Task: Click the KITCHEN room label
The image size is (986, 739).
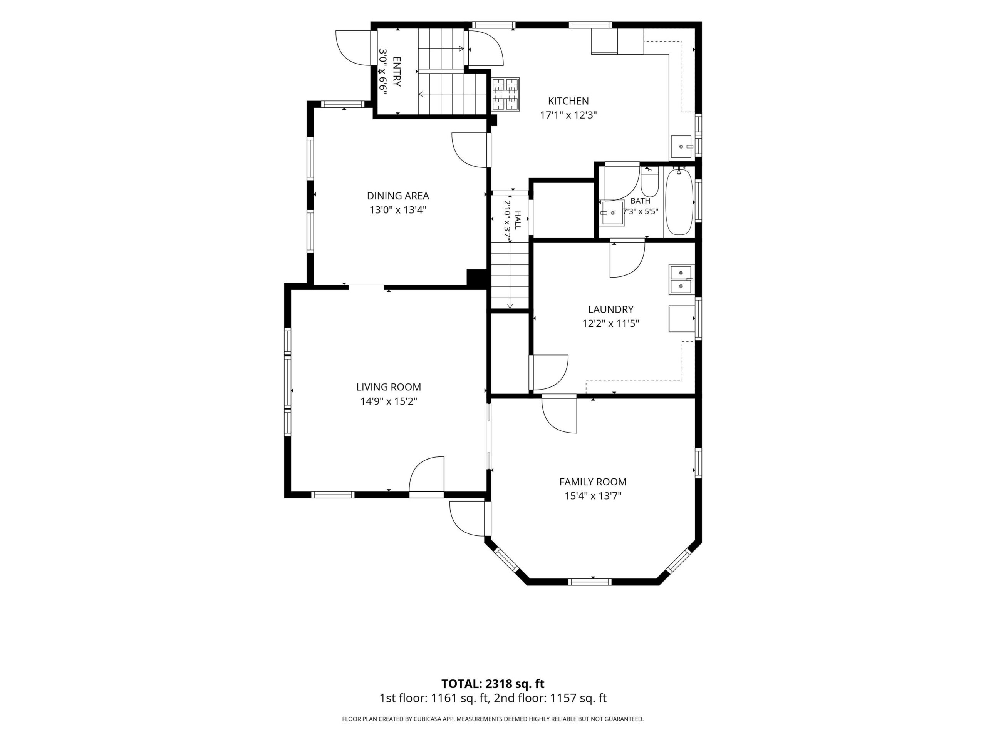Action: (x=568, y=101)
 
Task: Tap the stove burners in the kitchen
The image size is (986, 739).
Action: (x=506, y=94)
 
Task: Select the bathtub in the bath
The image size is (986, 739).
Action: (x=679, y=202)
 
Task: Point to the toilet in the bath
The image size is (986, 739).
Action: (x=649, y=181)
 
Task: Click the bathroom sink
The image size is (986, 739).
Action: (x=612, y=213)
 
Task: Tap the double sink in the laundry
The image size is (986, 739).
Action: (x=681, y=279)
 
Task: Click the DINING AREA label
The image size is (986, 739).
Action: (x=398, y=196)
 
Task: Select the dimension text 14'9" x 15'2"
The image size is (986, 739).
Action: (x=389, y=401)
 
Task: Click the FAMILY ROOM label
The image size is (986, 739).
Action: (x=593, y=482)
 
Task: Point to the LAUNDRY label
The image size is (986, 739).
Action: (x=611, y=309)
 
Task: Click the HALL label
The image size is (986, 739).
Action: (x=518, y=221)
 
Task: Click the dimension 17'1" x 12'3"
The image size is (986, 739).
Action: (x=568, y=115)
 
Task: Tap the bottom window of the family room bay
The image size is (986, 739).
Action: (x=590, y=581)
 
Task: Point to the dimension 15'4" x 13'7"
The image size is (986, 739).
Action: (x=593, y=496)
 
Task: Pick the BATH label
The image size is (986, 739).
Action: (x=641, y=201)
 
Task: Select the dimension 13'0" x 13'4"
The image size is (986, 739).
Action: (x=398, y=210)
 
